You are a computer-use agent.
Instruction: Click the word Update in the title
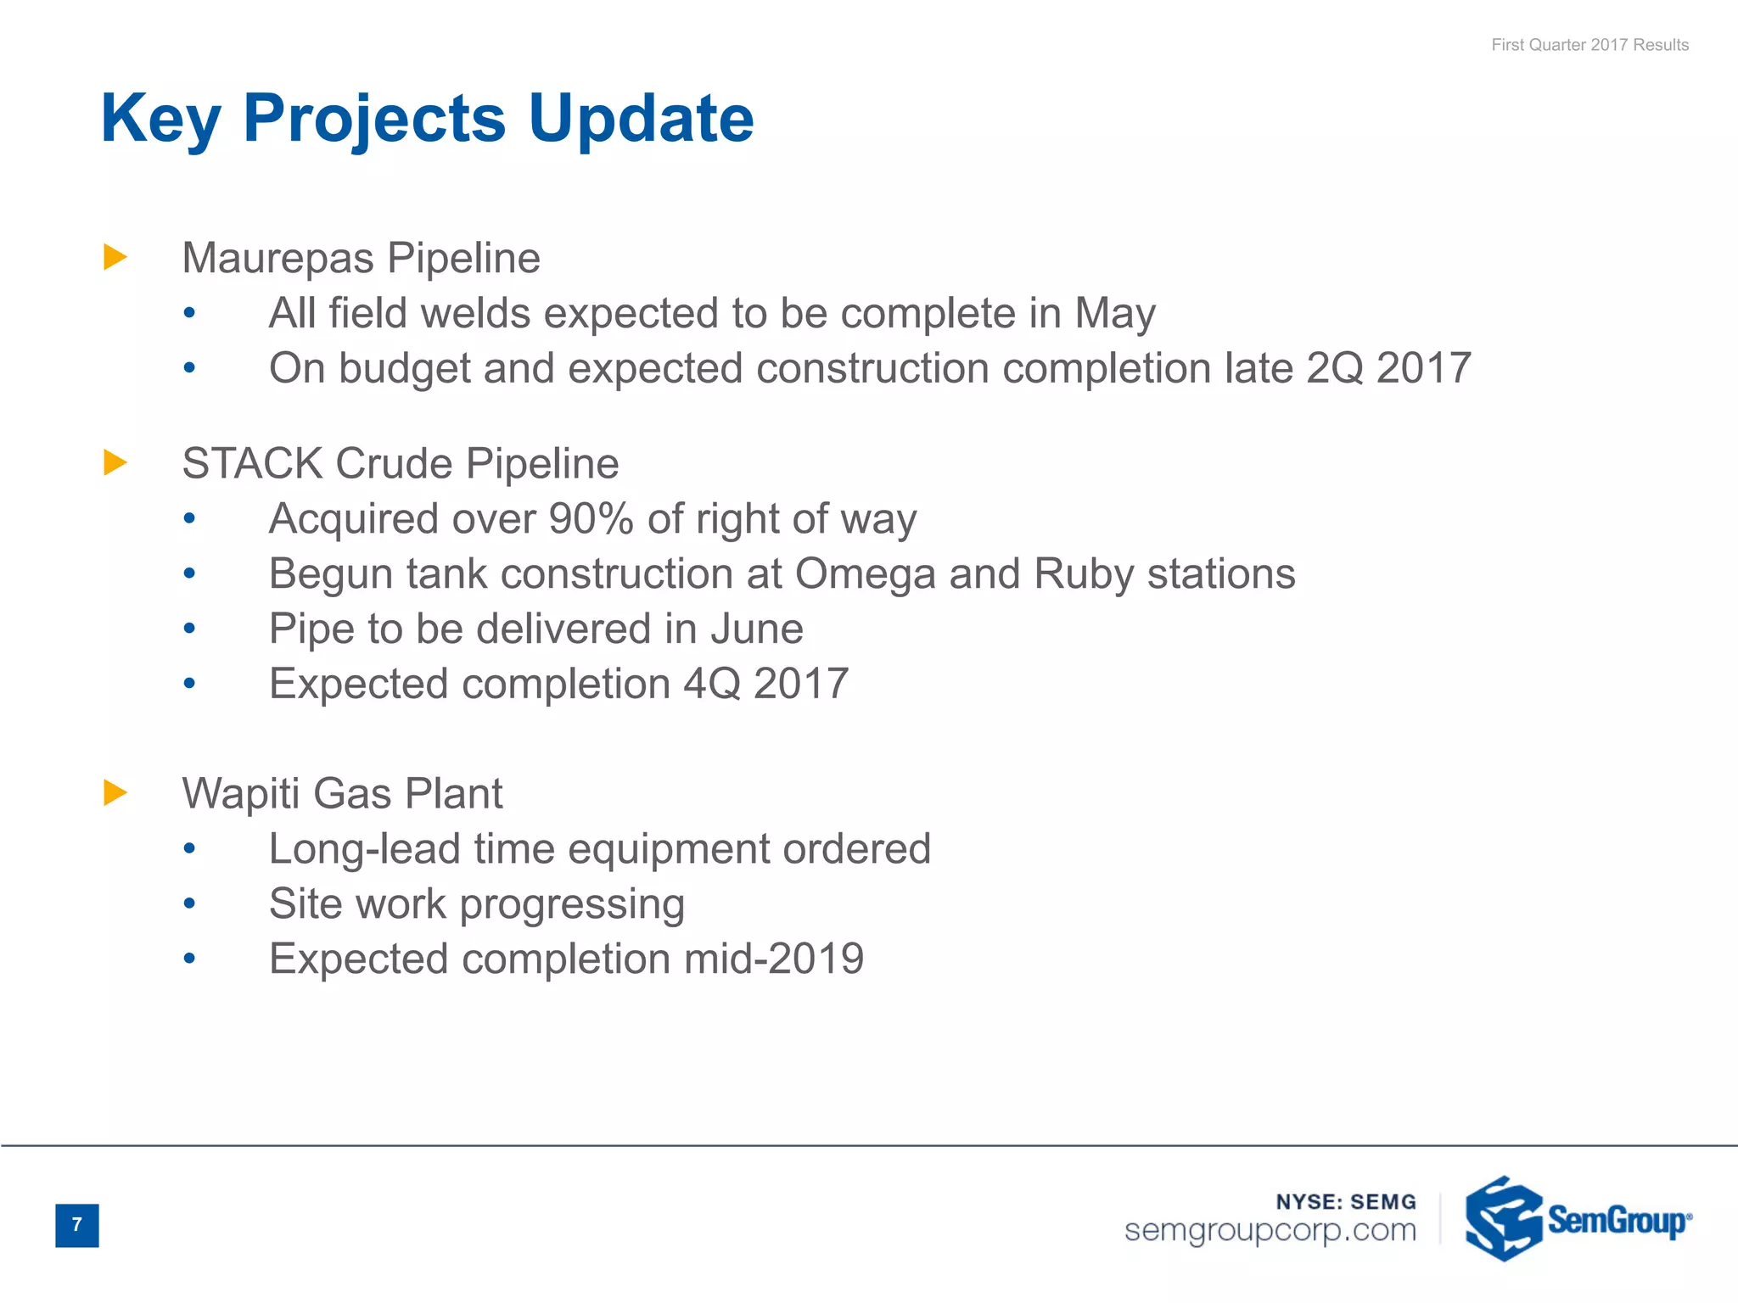click(x=641, y=119)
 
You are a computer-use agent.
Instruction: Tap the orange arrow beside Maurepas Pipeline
click(x=115, y=257)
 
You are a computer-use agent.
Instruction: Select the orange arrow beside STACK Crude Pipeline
click(x=115, y=463)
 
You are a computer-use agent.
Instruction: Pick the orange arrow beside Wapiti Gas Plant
click(x=115, y=793)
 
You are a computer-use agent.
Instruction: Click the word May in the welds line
click(x=1114, y=314)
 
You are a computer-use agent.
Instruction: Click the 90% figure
click(x=591, y=518)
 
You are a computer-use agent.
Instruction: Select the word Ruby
click(x=1084, y=574)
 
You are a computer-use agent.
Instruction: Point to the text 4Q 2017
click(x=765, y=684)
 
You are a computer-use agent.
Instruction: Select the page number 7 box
click(x=77, y=1225)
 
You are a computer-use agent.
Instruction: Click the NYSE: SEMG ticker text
click(x=1346, y=1202)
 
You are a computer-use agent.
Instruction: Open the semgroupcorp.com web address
click(x=1270, y=1230)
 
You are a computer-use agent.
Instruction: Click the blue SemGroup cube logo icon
click(x=1502, y=1219)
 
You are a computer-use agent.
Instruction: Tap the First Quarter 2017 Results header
click(x=1589, y=45)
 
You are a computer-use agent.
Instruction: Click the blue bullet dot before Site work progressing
click(x=189, y=904)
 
